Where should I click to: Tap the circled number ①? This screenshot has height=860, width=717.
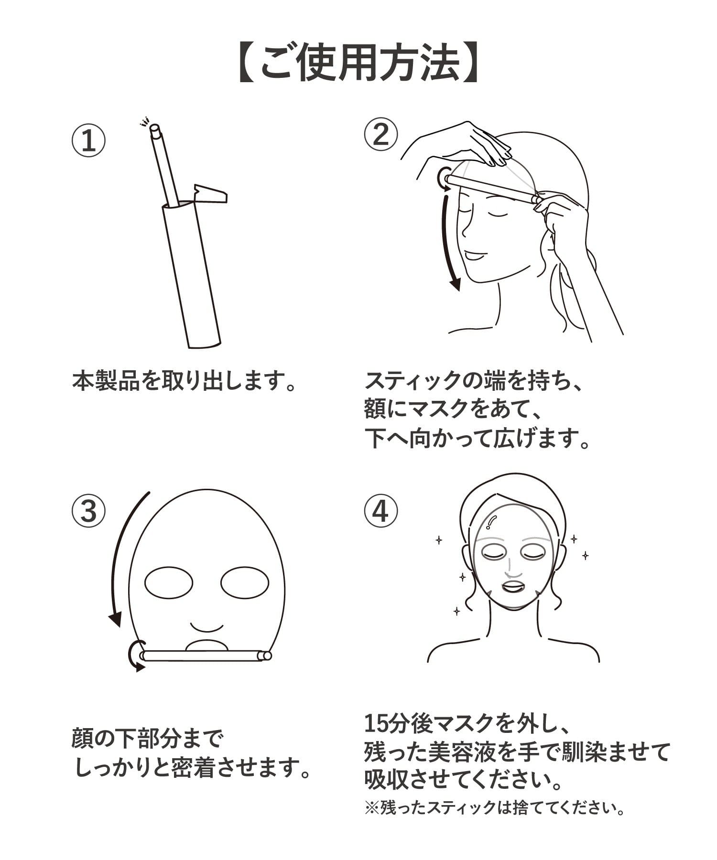click(x=88, y=140)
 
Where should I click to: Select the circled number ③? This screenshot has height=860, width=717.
click(x=88, y=511)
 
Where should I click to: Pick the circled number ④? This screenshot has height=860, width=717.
click(x=380, y=511)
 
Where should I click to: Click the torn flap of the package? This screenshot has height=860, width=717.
click(x=210, y=193)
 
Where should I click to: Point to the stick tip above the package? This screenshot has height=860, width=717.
click(x=154, y=128)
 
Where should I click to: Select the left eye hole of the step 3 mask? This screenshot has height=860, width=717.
click(x=169, y=582)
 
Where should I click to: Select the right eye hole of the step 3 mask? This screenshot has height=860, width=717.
click(x=245, y=582)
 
